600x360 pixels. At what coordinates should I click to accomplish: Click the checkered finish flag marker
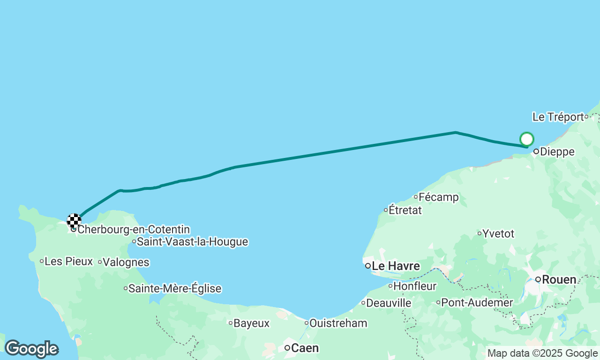coord(74,220)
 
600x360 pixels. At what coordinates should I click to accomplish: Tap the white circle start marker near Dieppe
coord(527,139)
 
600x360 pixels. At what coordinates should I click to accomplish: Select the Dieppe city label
coord(557,152)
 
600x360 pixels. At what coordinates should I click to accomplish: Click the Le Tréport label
coord(558,117)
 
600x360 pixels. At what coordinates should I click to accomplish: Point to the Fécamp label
coord(438,197)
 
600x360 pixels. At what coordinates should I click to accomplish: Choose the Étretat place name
coord(405,210)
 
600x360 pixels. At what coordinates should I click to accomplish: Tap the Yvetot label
coord(498,233)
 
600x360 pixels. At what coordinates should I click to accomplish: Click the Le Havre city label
coord(395,266)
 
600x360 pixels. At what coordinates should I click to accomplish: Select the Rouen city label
coord(559,280)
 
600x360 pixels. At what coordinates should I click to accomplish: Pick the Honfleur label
coord(415,286)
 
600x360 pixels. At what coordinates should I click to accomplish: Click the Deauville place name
coord(389,303)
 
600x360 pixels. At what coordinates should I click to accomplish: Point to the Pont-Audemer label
coord(477,303)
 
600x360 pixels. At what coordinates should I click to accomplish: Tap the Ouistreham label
coord(338,323)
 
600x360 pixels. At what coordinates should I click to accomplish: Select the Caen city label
coord(305,348)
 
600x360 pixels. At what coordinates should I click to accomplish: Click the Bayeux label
coord(251,323)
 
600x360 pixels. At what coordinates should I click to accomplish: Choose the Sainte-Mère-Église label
coord(174,289)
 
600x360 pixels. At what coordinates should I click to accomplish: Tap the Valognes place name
coord(126,262)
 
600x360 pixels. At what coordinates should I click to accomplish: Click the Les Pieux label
coord(68,262)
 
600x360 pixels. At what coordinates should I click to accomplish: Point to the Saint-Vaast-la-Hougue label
coord(192,242)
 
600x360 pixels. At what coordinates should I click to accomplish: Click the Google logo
coord(31,349)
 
